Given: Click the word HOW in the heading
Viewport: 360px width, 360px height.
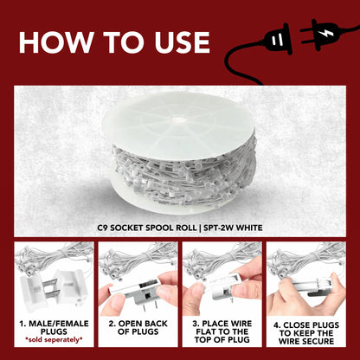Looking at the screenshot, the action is pyautogui.click(x=56, y=42).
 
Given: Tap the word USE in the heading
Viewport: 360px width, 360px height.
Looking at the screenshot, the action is pyautogui.click(x=182, y=42).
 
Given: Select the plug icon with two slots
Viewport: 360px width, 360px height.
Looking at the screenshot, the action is pyautogui.click(x=276, y=39).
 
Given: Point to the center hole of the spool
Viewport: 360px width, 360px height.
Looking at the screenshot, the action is pyautogui.click(x=179, y=119).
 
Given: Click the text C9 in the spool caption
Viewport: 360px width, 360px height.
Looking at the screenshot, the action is pyautogui.click(x=103, y=228).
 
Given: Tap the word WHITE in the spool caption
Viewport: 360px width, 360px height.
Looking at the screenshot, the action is pyautogui.click(x=249, y=228).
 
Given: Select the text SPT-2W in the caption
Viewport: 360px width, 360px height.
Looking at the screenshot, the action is pyautogui.click(x=218, y=228).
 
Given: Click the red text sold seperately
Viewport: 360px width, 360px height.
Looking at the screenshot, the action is pyautogui.click(x=54, y=340).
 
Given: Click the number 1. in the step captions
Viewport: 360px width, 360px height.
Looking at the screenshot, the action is pyautogui.click(x=23, y=324).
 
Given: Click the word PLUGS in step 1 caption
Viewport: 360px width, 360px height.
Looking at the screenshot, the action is pyautogui.click(x=54, y=331).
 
